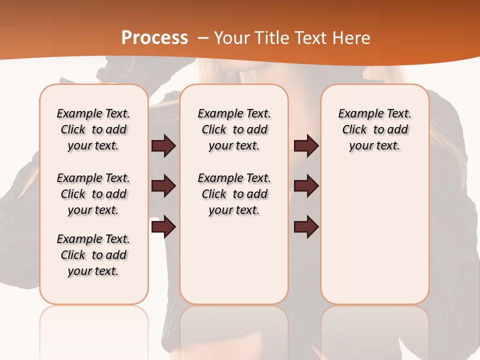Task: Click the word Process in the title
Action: [x=154, y=38]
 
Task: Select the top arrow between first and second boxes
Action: [x=163, y=146]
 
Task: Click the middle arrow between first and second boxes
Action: [x=163, y=186]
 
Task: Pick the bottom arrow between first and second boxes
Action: [x=163, y=227]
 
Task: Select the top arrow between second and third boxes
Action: [x=306, y=146]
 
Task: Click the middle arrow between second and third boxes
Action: [x=306, y=186]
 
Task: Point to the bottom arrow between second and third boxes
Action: [x=306, y=227]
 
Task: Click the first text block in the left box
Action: [x=93, y=129]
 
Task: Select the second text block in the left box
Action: [x=93, y=194]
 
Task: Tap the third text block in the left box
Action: [x=93, y=255]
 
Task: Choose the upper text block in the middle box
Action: [x=234, y=129]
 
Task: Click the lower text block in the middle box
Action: [x=234, y=194]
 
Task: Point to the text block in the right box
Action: [x=374, y=129]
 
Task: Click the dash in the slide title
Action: [x=203, y=38]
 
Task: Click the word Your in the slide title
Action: [x=230, y=38]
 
